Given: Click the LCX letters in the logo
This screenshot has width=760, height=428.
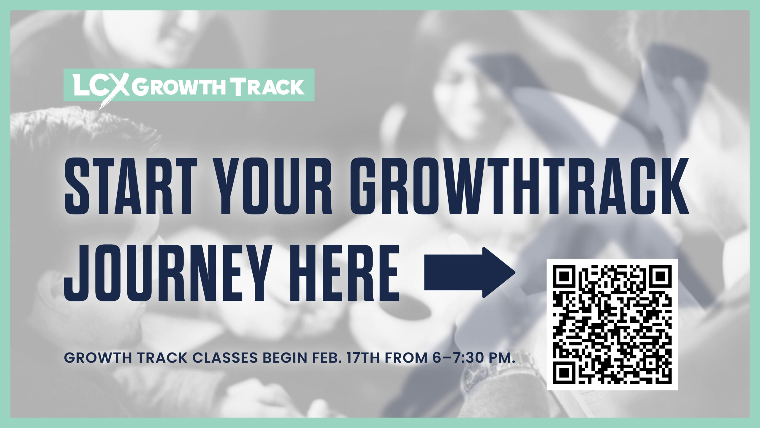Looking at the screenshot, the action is coord(101,86).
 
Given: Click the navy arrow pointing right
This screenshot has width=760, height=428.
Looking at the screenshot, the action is coord(470,273).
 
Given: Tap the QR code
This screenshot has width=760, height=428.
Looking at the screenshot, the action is coord(612,324).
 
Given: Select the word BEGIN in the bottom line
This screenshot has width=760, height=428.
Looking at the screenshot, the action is coord(285,358).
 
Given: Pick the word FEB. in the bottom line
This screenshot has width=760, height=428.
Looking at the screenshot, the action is coord(326,358).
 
